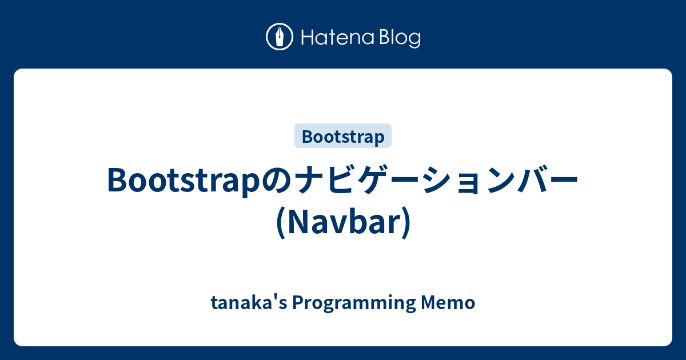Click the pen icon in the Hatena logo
click(x=280, y=37)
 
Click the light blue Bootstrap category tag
click(x=343, y=137)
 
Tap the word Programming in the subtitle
click(x=353, y=303)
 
